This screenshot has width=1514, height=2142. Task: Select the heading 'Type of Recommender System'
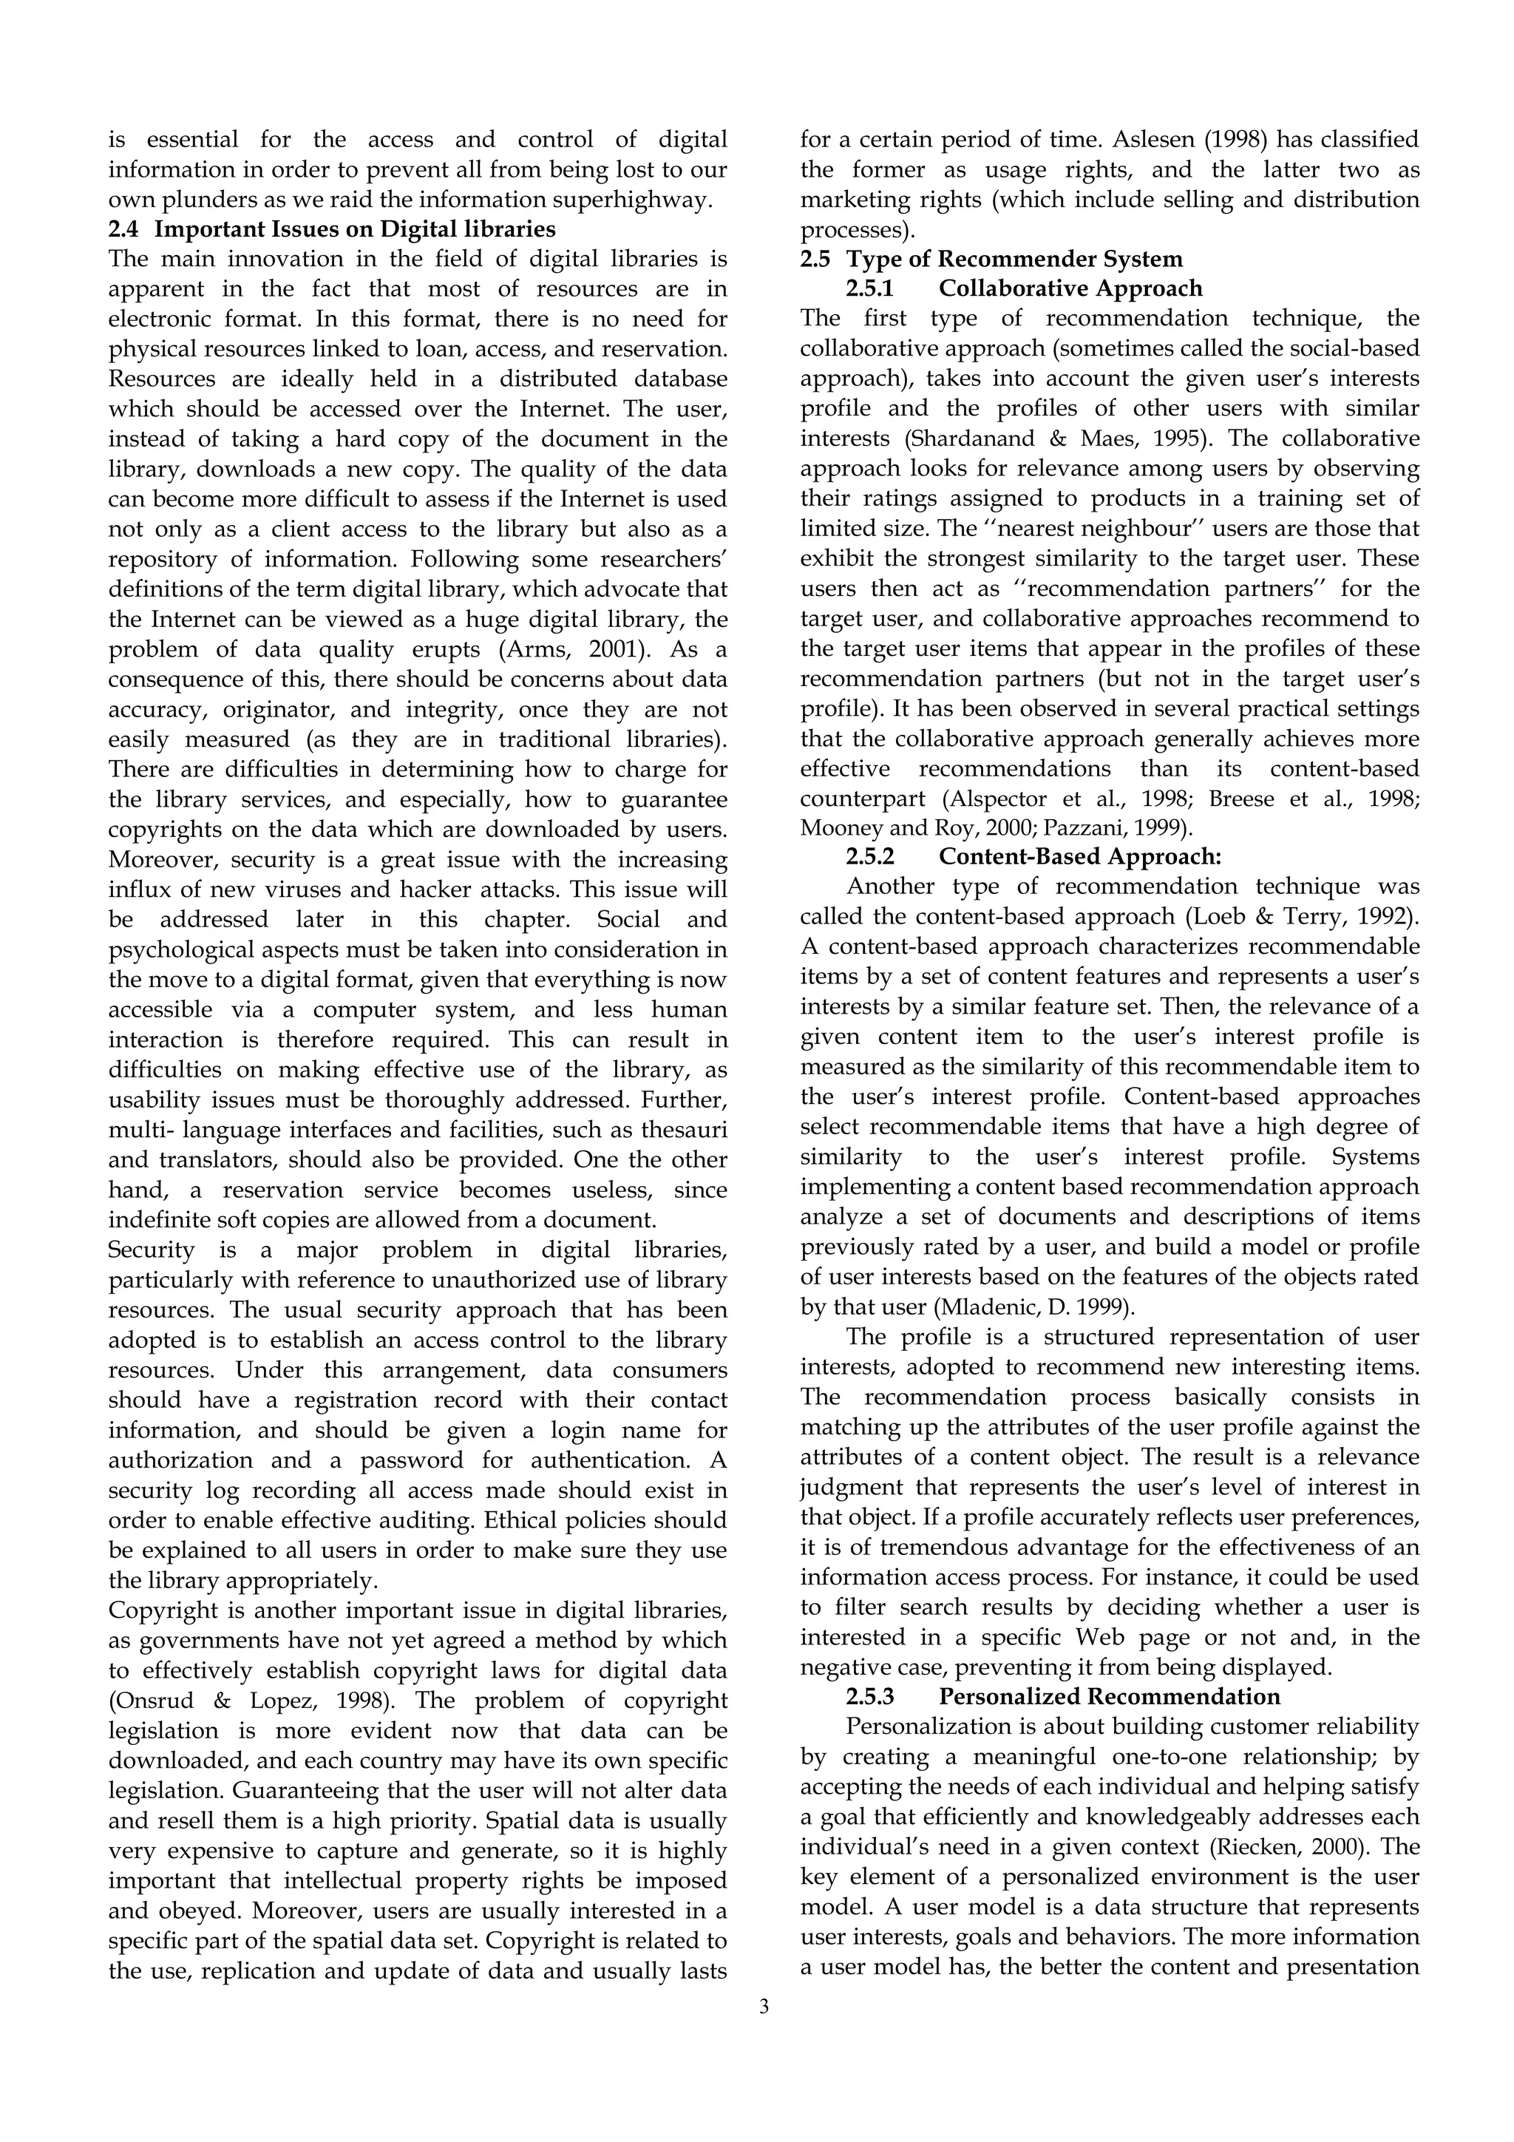[1014, 260]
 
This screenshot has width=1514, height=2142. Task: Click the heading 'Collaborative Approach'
[1070, 289]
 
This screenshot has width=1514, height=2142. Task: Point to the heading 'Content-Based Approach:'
[1079, 856]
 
